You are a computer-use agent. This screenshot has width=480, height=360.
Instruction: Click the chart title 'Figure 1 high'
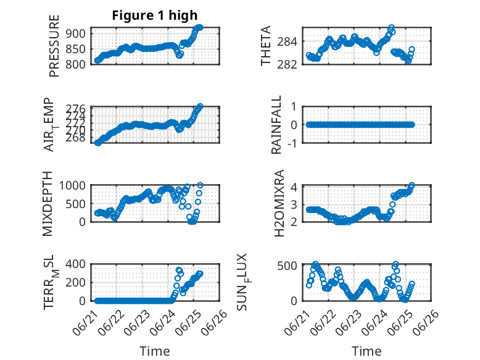[x=155, y=15]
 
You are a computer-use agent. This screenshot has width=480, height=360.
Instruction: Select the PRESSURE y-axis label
[x=54, y=46]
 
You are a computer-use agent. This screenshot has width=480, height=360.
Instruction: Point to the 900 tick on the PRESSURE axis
[x=77, y=33]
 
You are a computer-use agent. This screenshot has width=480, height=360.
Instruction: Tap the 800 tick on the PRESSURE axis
[x=77, y=64]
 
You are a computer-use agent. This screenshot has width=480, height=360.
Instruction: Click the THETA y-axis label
[x=266, y=46]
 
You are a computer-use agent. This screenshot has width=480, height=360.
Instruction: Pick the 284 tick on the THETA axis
[x=287, y=41]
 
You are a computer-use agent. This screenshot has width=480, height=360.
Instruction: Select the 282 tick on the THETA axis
[x=287, y=64]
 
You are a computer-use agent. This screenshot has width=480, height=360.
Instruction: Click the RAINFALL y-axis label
[x=276, y=125]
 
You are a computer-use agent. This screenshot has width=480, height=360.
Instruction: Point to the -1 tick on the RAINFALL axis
[x=292, y=143]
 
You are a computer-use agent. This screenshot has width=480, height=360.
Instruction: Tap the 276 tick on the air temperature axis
[x=76, y=109]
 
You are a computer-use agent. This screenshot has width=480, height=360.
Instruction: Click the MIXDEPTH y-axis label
[x=48, y=204]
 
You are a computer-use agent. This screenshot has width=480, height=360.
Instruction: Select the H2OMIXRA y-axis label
[x=279, y=203]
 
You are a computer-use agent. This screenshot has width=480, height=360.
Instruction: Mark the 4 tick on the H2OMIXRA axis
[x=294, y=186]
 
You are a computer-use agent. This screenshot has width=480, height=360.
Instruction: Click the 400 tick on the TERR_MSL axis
[x=76, y=264]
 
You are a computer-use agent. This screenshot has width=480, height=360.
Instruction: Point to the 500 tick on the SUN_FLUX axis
[x=287, y=266]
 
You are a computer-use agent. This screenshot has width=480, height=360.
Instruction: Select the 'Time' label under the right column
[x=366, y=351]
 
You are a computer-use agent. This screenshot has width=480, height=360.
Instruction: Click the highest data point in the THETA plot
[x=391, y=28]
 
